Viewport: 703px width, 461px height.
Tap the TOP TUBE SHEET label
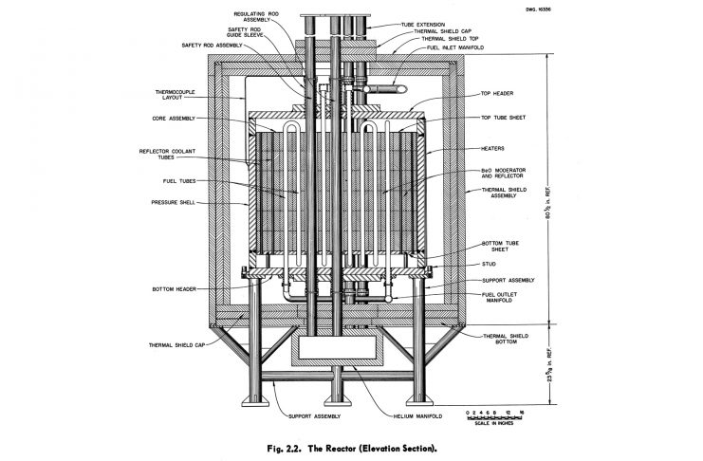[x=504, y=118]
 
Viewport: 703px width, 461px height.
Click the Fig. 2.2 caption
[x=350, y=446]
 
